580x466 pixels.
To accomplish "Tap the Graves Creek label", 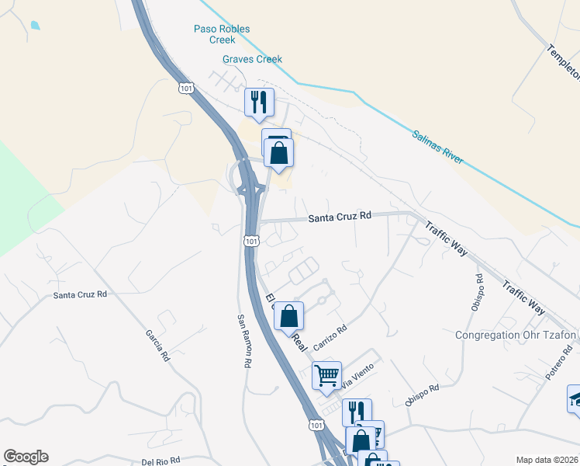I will (x=252, y=59).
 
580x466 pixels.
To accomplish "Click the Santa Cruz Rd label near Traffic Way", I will (x=340, y=217).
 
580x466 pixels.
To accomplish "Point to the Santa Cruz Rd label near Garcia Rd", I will (x=80, y=295).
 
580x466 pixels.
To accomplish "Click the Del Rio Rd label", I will (x=162, y=461).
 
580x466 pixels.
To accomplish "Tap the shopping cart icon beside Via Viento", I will (x=326, y=375).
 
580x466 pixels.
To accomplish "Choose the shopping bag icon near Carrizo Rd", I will (x=288, y=315).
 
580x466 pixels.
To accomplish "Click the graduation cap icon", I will (x=574, y=398).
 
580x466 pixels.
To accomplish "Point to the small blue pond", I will (x=36, y=25).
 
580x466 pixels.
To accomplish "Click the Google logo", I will (x=26, y=457).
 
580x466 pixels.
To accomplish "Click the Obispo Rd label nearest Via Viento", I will (x=422, y=395).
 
